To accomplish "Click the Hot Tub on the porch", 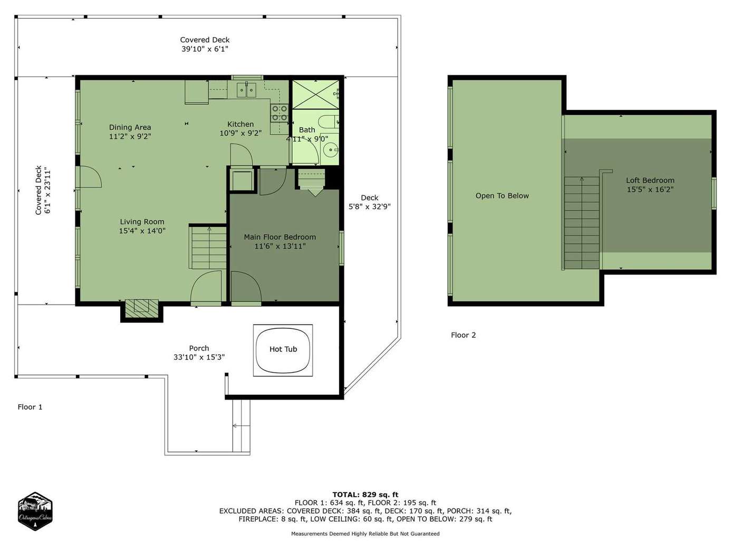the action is tap(283, 351).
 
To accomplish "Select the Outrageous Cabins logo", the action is tap(35, 511).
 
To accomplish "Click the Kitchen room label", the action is tap(241, 125).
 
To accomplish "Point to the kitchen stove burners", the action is tap(280, 113).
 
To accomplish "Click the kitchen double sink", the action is tap(246, 90).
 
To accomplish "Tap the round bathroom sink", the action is tap(331, 150).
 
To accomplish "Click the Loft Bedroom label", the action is tap(650, 181).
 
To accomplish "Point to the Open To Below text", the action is tap(502, 196).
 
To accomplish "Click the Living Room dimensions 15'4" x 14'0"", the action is tap(142, 231).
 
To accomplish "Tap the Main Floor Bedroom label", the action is tap(280, 237).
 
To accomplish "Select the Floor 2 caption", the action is tap(463, 335).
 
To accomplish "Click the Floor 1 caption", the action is tap(30, 407).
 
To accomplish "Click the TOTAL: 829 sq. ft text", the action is tap(365, 495).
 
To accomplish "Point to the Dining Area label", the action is tap(130, 127).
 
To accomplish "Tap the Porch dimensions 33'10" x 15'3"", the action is tap(199, 357).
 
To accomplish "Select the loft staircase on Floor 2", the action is tap(581, 223).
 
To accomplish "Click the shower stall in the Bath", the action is tap(315, 94).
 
